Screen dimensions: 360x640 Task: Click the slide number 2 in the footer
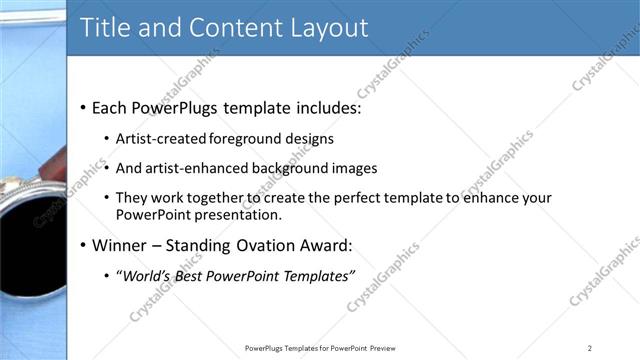pyautogui.click(x=589, y=348)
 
